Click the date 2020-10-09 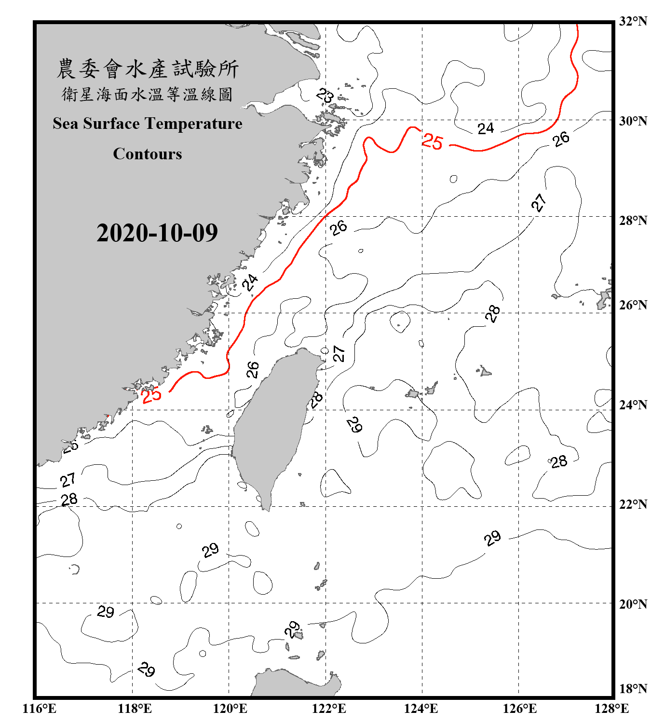click(x=157, y=233)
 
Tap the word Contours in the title click(x=148, y=154)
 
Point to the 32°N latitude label click(x=633, y=21)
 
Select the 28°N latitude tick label click(x=633, y=221)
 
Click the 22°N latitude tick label click(x=633, y=504)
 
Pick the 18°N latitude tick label click(x=633, y=689)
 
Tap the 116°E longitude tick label click(x=40, y=709)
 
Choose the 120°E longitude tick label click(x=230, y=709)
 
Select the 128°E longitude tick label click(x=611, y=709)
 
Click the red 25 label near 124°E click(x=432, y=141)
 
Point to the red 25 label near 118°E click(x=151, y=395)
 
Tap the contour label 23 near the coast click(x=325, y=96)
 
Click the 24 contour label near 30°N click(x=486, y=128)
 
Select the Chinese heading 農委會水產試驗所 click(x=148, y=69)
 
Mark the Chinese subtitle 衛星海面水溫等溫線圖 click(x=148, y=94)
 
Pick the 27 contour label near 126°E click(x=539, y=203)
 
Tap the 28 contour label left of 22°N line click(x=69, y=499)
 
